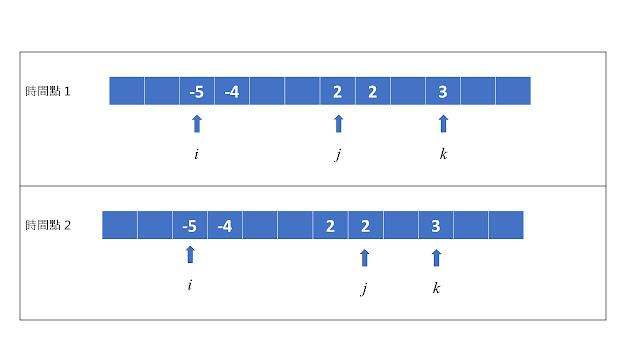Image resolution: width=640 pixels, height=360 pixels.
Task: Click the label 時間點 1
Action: click(x=54, y=92)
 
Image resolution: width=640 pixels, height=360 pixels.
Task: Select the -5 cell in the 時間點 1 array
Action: click(x=197, y=92)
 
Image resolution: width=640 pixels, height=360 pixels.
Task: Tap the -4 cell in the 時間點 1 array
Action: click(x=232, y=92)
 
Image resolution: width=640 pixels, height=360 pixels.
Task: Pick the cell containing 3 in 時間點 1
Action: click(x=442, y=92)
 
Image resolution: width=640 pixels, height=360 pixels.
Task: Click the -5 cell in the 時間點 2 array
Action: click(x=190, y=225)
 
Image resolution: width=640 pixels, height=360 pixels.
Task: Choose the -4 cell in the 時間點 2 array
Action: click(x=225, y=225)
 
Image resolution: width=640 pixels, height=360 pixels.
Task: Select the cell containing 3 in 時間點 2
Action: click(x=436, y=225)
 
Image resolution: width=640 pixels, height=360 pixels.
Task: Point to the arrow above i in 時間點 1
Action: click(x=197, y=123)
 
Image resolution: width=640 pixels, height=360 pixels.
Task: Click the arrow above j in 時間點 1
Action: click(x=338, y=123)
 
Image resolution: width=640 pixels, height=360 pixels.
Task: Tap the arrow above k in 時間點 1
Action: click(x=443, y=123)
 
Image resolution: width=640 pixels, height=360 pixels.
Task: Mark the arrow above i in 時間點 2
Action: click(x=190, y=254)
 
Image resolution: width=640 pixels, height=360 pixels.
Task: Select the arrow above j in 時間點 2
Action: click(x=364, y=257)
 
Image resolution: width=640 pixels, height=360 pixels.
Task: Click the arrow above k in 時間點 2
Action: click(x=436, y=257)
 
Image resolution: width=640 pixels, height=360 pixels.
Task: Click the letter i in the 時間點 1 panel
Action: click(x=197, y=154)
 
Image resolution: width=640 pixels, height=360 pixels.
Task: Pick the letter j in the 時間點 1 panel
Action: click(x=338, y=155)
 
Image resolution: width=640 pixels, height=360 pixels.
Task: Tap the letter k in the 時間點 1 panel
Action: click(x=443, y=154)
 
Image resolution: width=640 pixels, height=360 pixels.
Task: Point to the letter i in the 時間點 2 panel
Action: click(x=190, y=286)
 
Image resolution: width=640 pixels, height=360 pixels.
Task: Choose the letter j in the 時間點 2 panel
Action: click(x=364, y=290)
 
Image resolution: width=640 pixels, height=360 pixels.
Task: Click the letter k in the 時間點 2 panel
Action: click(x=436, y=288)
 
